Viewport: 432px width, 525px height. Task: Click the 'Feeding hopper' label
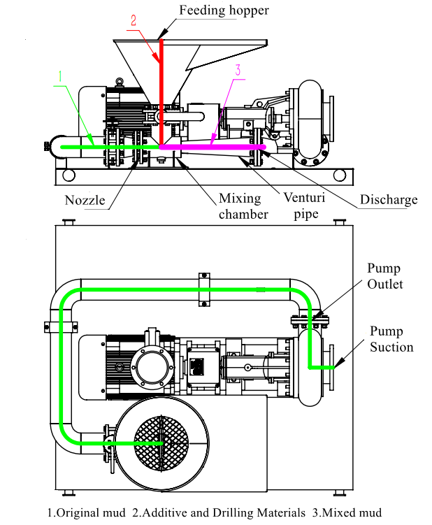click(224, 10)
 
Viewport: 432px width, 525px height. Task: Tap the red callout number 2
click(134, 21)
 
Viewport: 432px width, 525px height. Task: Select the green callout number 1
click(60, 76)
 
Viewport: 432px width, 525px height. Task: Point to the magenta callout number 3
click(238, 70)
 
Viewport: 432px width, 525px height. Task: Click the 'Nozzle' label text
click(85, 200)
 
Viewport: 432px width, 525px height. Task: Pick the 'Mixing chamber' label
click(243, 206)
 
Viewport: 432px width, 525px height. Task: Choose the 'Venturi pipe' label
click(304, 206)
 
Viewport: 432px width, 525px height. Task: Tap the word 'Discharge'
click(389, 199)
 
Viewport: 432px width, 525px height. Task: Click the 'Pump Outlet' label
click(384, 276)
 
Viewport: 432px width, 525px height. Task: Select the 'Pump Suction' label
click(391, 339)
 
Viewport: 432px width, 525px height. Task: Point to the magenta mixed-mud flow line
click(213, 147)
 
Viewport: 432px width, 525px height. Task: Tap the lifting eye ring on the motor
click(120, 81)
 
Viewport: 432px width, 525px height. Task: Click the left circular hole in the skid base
click(69, 175)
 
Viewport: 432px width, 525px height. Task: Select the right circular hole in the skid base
click(340, 175)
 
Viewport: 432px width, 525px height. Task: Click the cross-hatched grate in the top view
click(161, 443)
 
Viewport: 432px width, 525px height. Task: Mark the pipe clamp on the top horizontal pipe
click(204, 289)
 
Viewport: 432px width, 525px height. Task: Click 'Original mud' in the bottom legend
click(87, 512)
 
